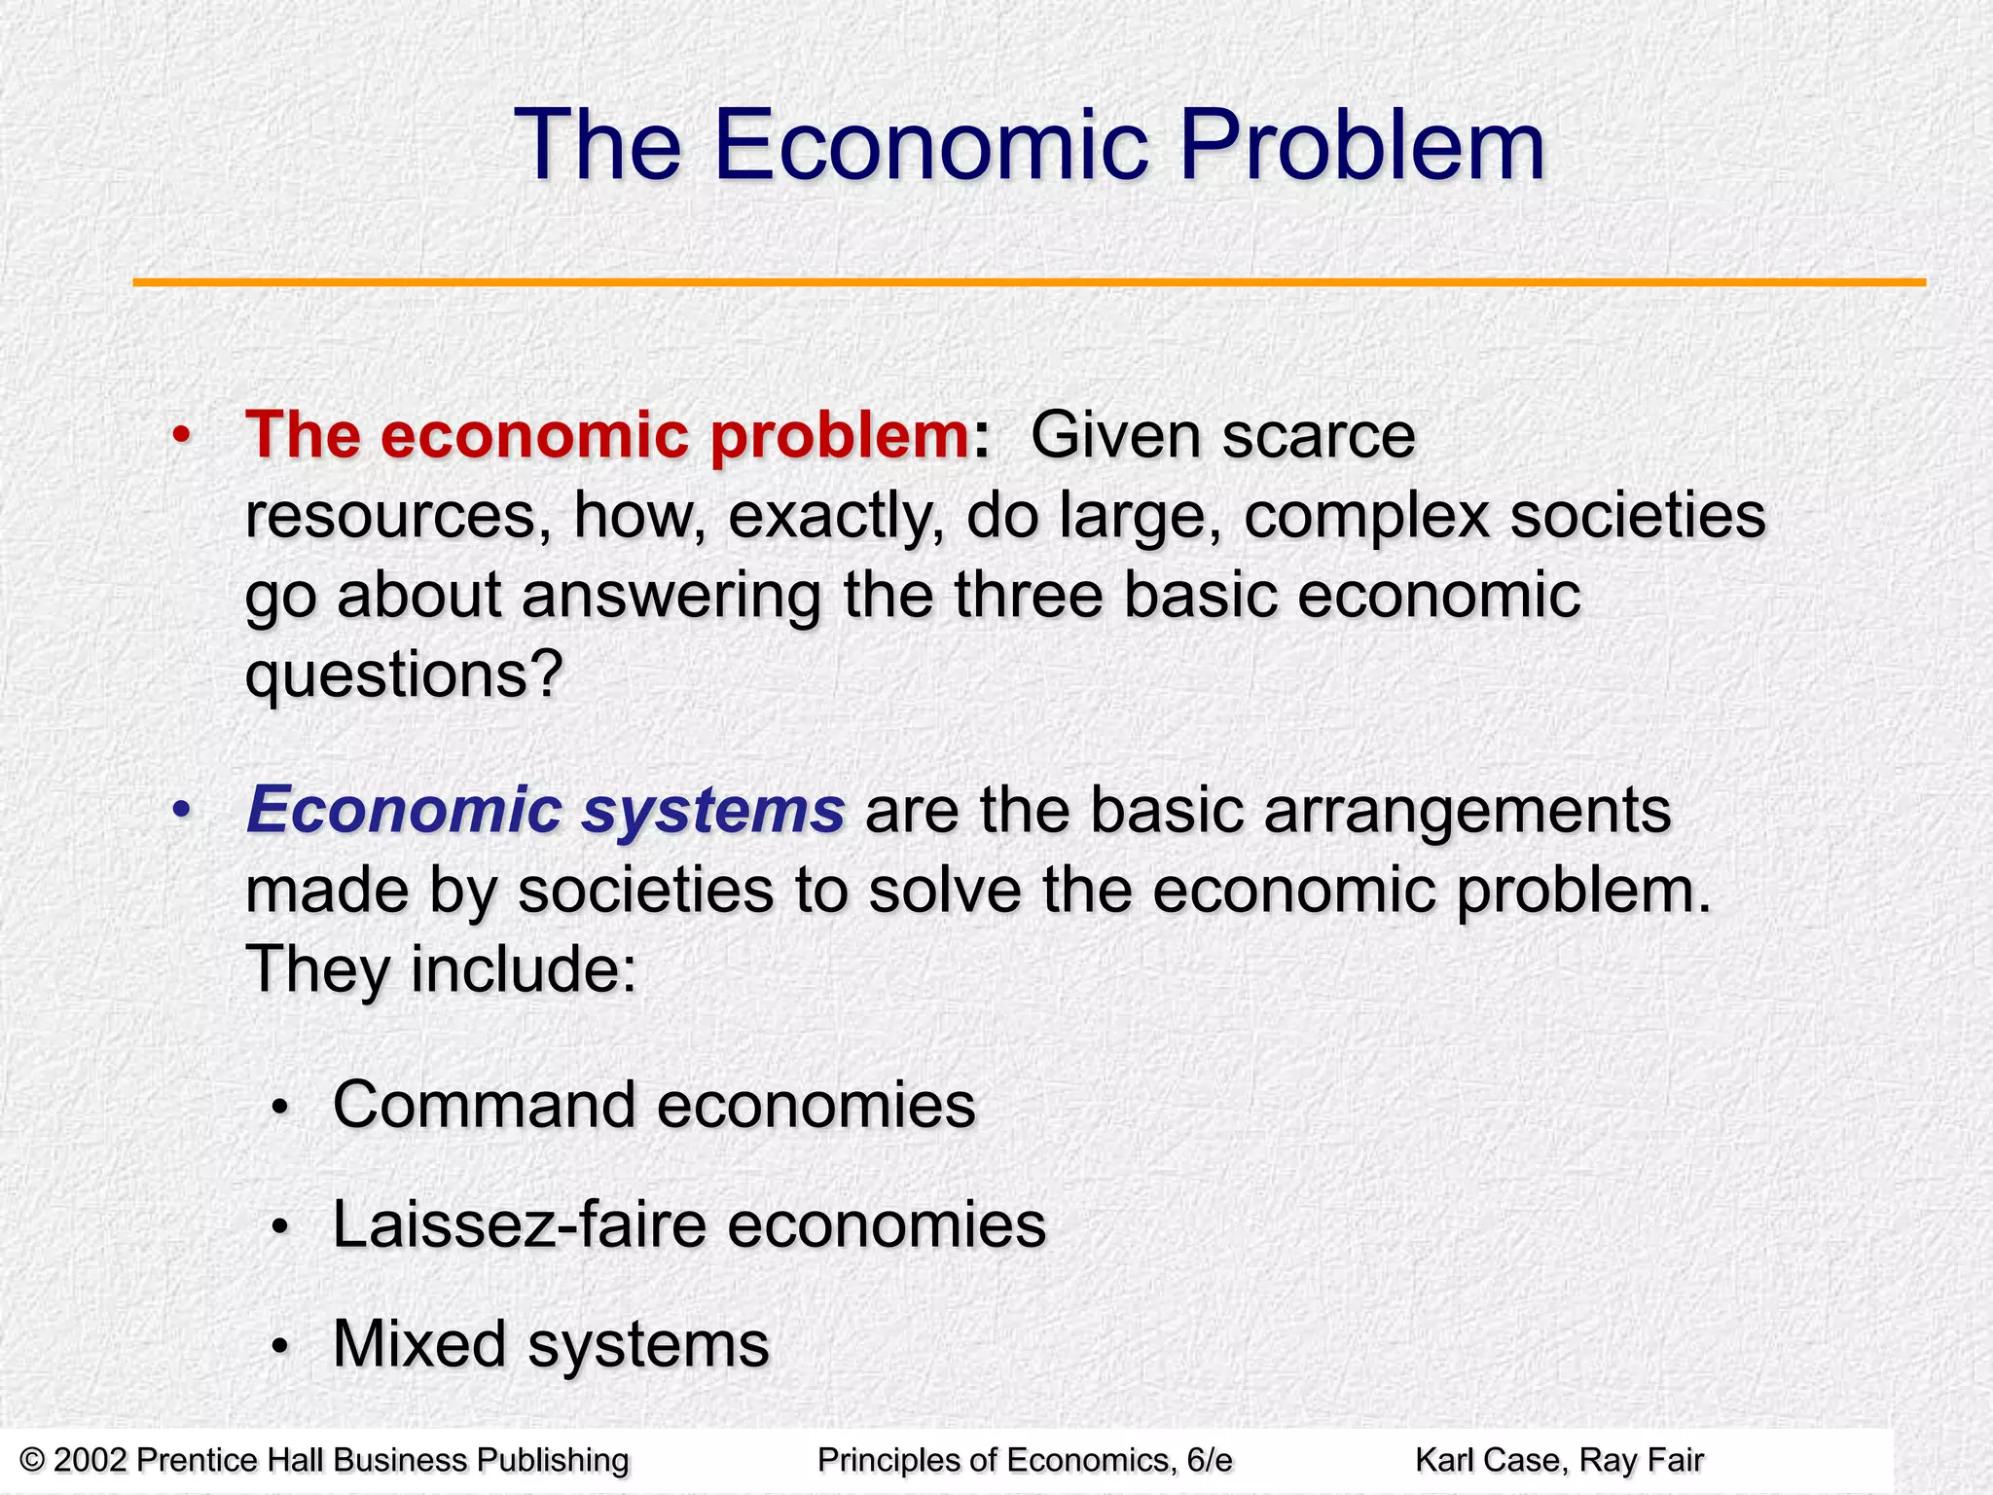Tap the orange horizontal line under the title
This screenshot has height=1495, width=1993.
pyautogui.click(x=1029, y=282)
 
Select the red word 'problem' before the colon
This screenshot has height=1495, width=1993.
pyautogui.click(x=839, y=435)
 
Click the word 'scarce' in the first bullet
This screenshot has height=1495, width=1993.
pyautogui.click(x=1319, y=435)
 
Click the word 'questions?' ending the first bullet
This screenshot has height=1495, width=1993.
pyautogui.click(x=404, y=675)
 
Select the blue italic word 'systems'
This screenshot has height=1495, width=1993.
pyautogui.click(x=712, y=810)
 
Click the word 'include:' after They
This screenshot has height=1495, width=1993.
pyautogui.click(x=524, y=969)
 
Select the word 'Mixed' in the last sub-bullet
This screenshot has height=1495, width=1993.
pyautogui.click(x=419, y=1344)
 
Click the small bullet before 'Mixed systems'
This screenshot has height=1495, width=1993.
pyautogui.click(x=280, y=1347)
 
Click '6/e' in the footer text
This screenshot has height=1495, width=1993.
pyautogui.click(x=1210, y=1460)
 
